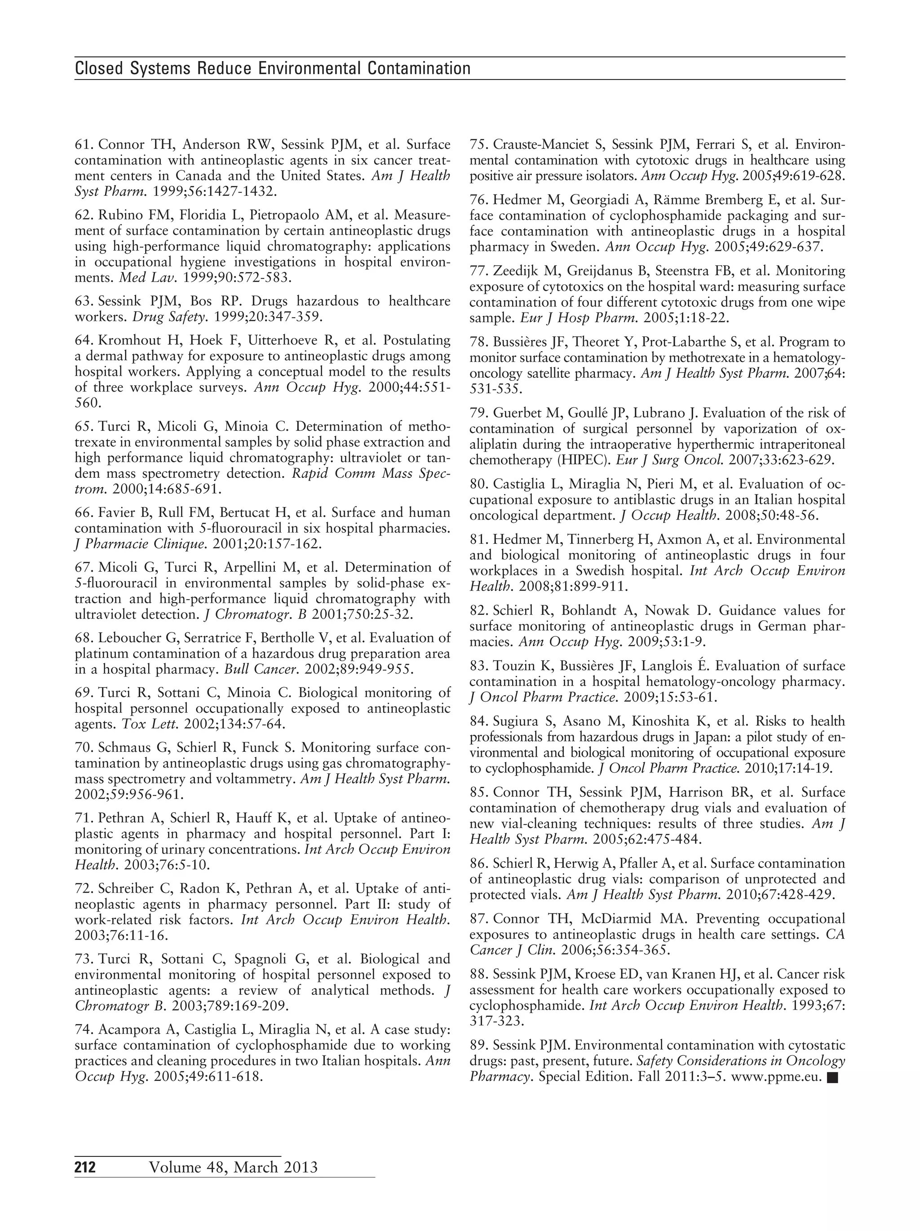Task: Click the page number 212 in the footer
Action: pos(85,1167)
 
